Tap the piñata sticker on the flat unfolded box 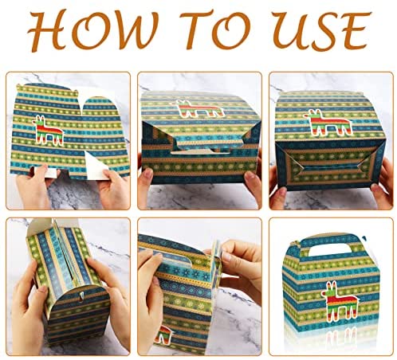48,131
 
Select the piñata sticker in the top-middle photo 198,108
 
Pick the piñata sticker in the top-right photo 328,123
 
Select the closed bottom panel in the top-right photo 330,165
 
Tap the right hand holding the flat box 113,190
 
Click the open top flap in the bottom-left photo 40,229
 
